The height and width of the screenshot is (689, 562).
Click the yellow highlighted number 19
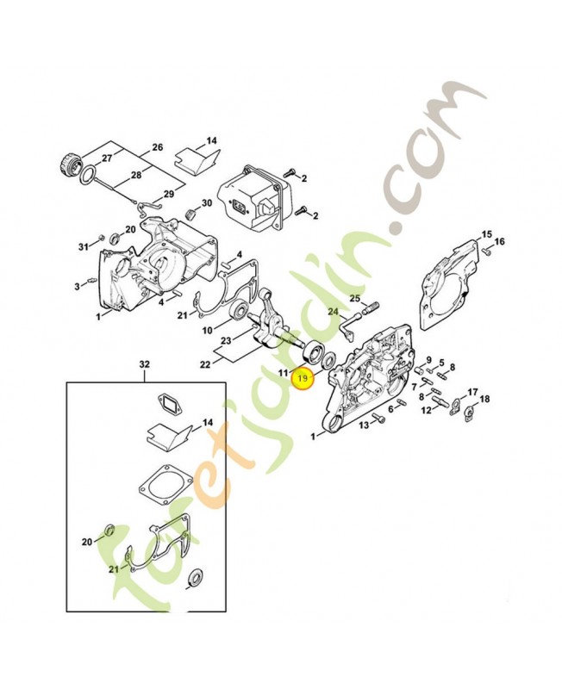point(303,378)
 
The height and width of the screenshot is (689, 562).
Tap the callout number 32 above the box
point(144,364)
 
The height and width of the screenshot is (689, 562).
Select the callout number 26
point(157,146)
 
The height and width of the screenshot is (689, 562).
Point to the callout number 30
point(207,203)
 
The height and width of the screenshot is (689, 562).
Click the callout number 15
point(486,234)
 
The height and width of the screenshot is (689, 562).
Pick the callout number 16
point(500,241)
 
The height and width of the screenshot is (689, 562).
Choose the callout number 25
point(355,299)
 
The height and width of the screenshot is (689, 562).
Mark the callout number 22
point(205,364)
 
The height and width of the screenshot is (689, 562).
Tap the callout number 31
point(84,247)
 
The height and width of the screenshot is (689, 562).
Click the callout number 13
point(364,425)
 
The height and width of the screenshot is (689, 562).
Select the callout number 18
point(484,399)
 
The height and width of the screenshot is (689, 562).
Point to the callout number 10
point(207,330)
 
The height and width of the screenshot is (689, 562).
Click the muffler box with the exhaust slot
point(251,198)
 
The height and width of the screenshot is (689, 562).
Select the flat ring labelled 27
point(88,177)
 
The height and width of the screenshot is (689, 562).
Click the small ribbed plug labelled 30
point(190,214)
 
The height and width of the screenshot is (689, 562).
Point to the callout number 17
point(472,392)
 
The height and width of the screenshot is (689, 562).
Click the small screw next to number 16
point(486,251)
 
